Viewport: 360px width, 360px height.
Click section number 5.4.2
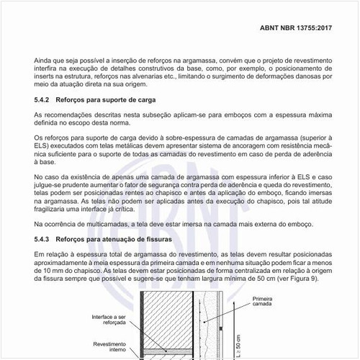tap(43, 99)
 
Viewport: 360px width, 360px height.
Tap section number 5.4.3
tap(43, 238)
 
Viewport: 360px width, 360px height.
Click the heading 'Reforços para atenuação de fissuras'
tap(117, 238)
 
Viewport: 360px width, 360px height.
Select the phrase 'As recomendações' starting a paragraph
tap(64, 114)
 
